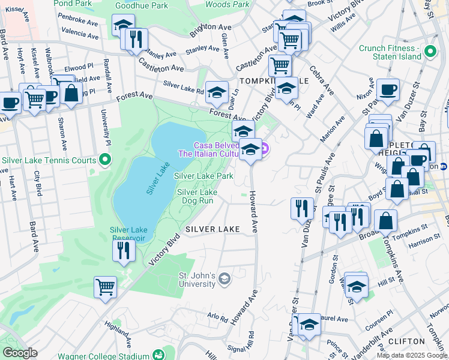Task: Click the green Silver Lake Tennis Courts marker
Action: pos(105,160)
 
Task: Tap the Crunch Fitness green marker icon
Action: pos(430,52)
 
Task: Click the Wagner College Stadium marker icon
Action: pos(158,355)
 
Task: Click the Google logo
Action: pos(20,353)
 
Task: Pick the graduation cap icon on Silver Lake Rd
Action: pos(217,92)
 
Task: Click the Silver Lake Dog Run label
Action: pos(197,196)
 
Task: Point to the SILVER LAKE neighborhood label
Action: pos(212,229)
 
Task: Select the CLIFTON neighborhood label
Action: pos(406,341)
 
